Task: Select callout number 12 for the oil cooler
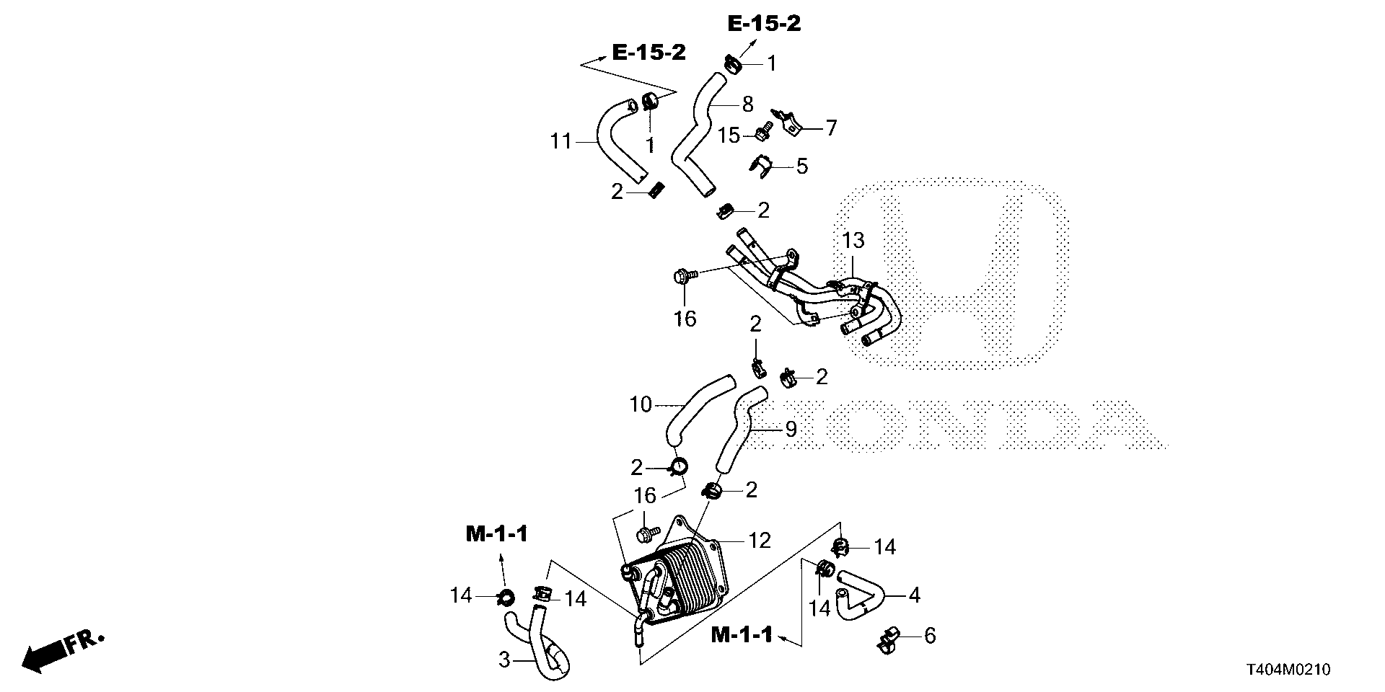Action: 760,540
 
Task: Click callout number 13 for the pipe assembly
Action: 853,241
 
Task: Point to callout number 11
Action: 560,142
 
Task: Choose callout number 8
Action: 747,105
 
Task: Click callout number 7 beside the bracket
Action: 831,128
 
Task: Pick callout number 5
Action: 801,167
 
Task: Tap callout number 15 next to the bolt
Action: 729,135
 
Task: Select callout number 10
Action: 641,405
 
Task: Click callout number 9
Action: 791,430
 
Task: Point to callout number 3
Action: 504,659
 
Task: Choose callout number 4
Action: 915,595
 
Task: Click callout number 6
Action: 929,636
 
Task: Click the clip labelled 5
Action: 761,167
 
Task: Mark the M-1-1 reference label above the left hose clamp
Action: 497,534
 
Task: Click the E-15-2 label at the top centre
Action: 764,24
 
